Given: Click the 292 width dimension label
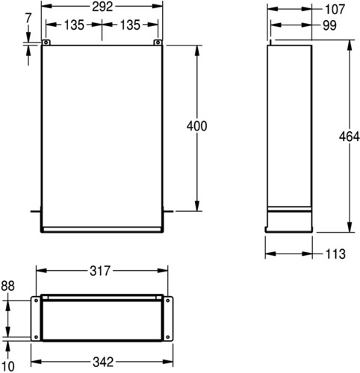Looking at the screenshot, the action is coord(102,7).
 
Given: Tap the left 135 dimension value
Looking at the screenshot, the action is coord(75,25).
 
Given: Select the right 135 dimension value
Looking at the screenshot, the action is coord(130,25).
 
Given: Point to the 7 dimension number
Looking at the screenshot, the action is coord(28,18).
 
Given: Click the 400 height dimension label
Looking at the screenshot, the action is coord(196,126).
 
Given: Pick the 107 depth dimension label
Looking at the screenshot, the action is coord(335,10).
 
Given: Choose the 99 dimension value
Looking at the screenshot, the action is coord(329,25).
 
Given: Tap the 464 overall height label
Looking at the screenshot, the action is coord(350,137).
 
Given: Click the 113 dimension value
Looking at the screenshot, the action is coord(335,254).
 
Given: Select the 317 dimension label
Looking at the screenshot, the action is coord(100,271).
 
